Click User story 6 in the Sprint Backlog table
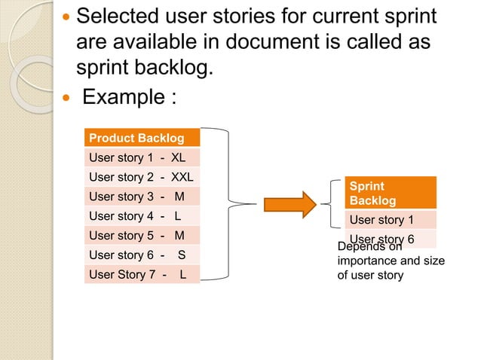click(x=381, y=238)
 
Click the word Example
click(x=124, y=98)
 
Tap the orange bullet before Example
click(x=69, y=99)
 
